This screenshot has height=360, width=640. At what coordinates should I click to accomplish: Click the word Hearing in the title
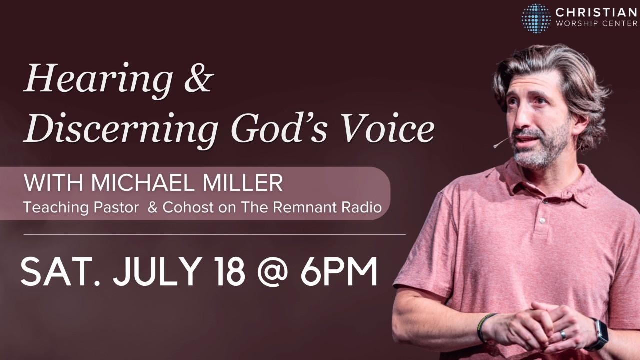tap(97, 80)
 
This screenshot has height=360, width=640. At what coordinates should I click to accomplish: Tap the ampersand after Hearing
tap(199, 78)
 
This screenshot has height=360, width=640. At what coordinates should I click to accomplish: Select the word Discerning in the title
tap(120, 129)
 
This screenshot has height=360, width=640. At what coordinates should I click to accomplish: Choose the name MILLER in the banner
tap(242, 183)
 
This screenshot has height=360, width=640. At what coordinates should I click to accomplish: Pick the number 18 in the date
tap(231, 271)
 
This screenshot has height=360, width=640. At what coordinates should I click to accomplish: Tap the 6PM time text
tap(339, 271)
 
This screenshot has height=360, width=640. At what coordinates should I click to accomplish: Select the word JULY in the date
tap(156, 272)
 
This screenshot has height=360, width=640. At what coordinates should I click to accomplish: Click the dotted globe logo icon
tap(536, 18)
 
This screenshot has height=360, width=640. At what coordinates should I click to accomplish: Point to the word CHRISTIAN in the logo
tap(596, 13)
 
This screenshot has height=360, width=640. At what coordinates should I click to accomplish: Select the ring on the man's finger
tap(563, 334)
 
